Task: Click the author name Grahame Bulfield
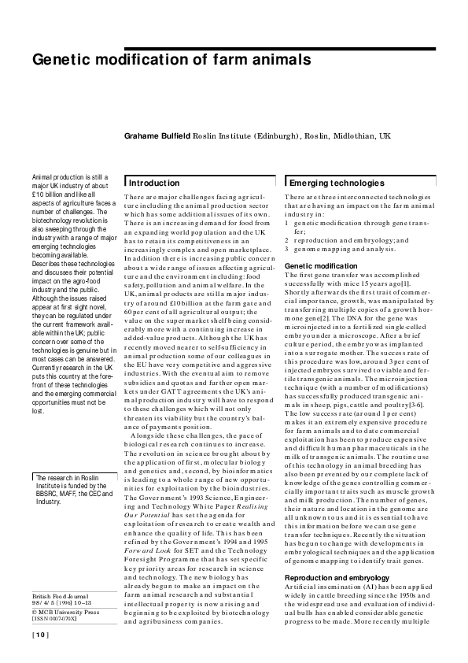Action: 157,136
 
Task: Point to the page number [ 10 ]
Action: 40,635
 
